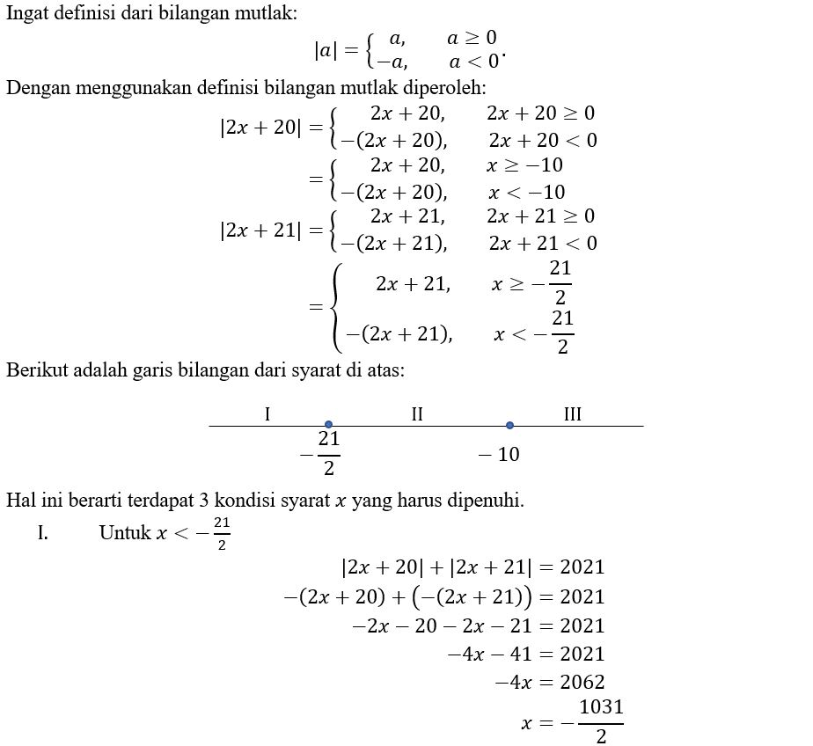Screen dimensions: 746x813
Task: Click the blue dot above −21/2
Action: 328,425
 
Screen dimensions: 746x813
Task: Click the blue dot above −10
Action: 509,425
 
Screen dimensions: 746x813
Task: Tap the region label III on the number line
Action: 573,413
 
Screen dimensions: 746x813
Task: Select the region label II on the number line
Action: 417,413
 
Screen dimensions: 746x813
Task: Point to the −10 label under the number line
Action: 498,454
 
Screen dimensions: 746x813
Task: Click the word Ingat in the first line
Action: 26,13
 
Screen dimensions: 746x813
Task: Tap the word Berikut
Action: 34,369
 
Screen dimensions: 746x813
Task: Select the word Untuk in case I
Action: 124,533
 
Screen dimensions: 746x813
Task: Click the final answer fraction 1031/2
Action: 601,722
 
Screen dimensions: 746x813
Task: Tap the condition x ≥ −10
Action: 524,165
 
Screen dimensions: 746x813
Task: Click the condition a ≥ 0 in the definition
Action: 472,38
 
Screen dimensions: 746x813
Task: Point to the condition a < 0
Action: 474,62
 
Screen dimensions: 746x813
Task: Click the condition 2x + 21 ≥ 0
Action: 541,216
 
